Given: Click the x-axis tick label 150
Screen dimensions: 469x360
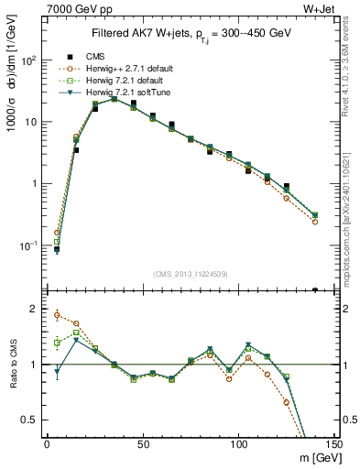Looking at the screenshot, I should click(x=334, y=443).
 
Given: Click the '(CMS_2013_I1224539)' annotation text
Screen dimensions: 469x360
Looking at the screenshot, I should click(x=191, y=272).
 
